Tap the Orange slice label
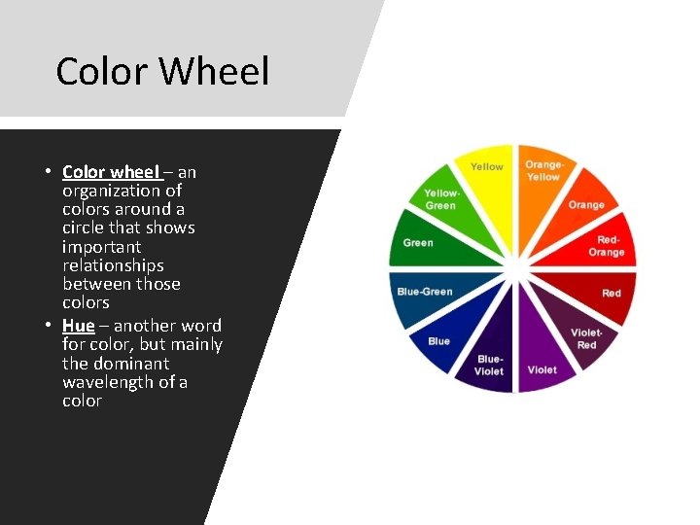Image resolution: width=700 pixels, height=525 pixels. [x=586, y=205]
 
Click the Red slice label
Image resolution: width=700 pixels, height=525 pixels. [x=612, y=293]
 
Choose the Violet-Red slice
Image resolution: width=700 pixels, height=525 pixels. [x=586, y=338]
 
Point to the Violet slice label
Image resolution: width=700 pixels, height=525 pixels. [x=542, y=369]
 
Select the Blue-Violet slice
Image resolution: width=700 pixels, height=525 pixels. [x=488, y=365]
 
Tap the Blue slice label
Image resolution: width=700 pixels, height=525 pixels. [x=439, y=341]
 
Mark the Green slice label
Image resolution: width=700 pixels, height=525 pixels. [x=418, y=242]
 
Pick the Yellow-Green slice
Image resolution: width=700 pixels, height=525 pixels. [x=440, y=200]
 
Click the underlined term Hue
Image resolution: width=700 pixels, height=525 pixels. [x=79, y=326]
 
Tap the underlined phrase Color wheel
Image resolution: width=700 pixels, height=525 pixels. [x=110, y=172]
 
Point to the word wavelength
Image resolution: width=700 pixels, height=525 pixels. [x=116, y=382]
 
